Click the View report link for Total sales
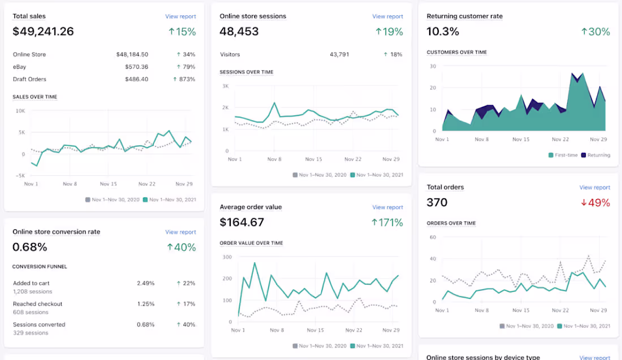pyautogui.click(x=180, y=16)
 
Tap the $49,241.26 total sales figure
pyautogui.click(x=43, y=31)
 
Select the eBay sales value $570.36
pyautogui.click(x=136, y=67)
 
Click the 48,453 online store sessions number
pyautogui.click(x=239, y=31)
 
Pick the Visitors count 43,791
pyautogui.click(x=339, y=54)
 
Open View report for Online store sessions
pyautogui.click(x=387, y=16)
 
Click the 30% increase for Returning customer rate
pyautogui.click(x=595, y=32)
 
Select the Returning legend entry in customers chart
pyautogui.click(x=595, y=155)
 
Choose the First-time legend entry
pyautogui.click(x=563, y=155)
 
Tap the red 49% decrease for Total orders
pyautogui.click(x=595, y=202)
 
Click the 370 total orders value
pyautogui.click(x=437, y=202)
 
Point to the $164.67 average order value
pyautogui.click(x=241, y=222)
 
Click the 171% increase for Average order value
pyautogui.click(x=387, y=223)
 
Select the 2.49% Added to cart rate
pyautogui.click(x=145, y=283)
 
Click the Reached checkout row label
pyautogui.click(x=38, y=303)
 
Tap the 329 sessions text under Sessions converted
pyautogui.click(x=31, y=333)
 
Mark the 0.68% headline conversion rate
pyautogui.click(x=30, y=247)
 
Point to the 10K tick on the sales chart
pyautogui.click(x=20, y=111)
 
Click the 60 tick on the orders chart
pyautogui.click(x=433, y=237)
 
